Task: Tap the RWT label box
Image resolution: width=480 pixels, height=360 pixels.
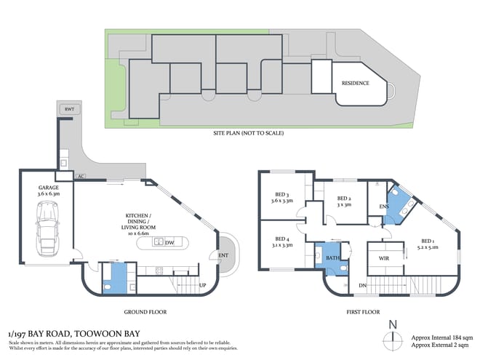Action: [69, 109]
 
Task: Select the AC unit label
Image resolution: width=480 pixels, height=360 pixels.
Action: [81, 176]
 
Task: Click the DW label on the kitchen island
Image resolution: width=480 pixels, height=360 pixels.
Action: [169, 242]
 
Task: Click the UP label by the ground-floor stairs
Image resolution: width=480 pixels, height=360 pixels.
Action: [203, 285]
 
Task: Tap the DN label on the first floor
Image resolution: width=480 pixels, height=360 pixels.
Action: [363, 285]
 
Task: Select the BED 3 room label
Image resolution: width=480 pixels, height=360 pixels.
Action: [283, 198]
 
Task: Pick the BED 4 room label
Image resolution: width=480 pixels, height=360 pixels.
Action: [283, 242]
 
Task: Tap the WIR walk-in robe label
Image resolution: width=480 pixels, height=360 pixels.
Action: [385, 257]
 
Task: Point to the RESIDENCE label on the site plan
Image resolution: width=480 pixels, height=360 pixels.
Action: [356, 83]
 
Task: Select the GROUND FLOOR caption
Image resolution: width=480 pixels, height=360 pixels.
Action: [145, 312]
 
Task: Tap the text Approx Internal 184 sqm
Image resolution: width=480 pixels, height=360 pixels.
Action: [442, 338]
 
